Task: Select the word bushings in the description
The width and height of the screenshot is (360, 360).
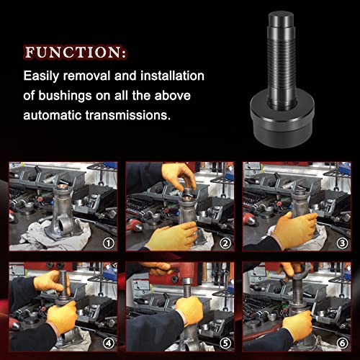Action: [99, 94]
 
